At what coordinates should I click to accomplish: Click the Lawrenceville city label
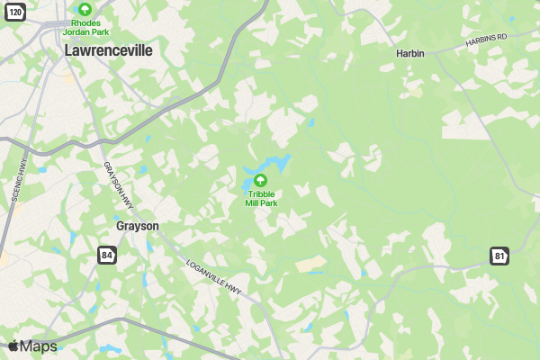click(x=108, y=52)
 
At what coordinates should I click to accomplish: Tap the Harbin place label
click(x=410, y=53)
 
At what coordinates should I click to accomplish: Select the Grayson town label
click(x=137, y=226)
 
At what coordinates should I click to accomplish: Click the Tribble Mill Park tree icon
click(x=261, y=180)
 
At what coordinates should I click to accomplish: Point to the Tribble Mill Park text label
click(x=261, y=198)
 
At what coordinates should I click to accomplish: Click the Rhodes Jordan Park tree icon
click(x=85, y=8)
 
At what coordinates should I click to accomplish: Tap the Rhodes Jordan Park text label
click(x=85, y=26)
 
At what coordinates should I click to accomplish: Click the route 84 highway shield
click(x=107, y=256)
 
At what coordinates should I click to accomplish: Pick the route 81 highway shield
click(x=499, y=256)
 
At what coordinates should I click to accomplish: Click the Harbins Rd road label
click(x=487, y=41)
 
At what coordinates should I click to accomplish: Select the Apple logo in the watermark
click(x=13, y=346)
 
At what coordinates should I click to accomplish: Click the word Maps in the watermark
click(x=38, y=346)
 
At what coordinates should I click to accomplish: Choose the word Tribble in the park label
click(x=261, y=193)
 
